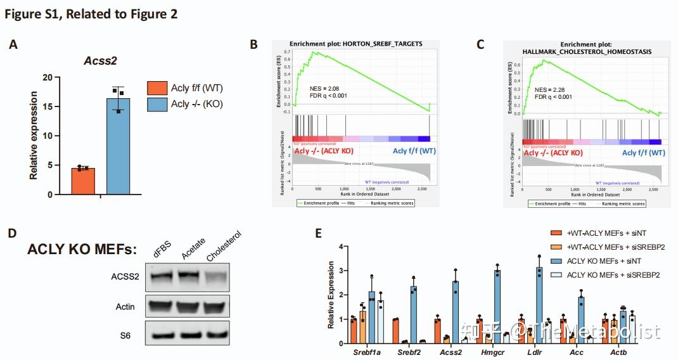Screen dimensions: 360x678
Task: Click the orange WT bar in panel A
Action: tap(83, 181)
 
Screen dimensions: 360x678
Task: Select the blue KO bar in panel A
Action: tap(118, 146)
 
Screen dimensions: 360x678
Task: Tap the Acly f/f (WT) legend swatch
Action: tap(157, 88)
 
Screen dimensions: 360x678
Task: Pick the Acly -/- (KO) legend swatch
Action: tap(157, 105)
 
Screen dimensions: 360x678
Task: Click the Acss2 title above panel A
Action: tap(101, 61)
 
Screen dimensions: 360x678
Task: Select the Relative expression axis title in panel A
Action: tap(34, 135)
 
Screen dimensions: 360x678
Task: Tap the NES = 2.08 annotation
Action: tap(326, 87)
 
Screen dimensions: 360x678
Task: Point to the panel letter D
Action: tap(12, 233)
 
